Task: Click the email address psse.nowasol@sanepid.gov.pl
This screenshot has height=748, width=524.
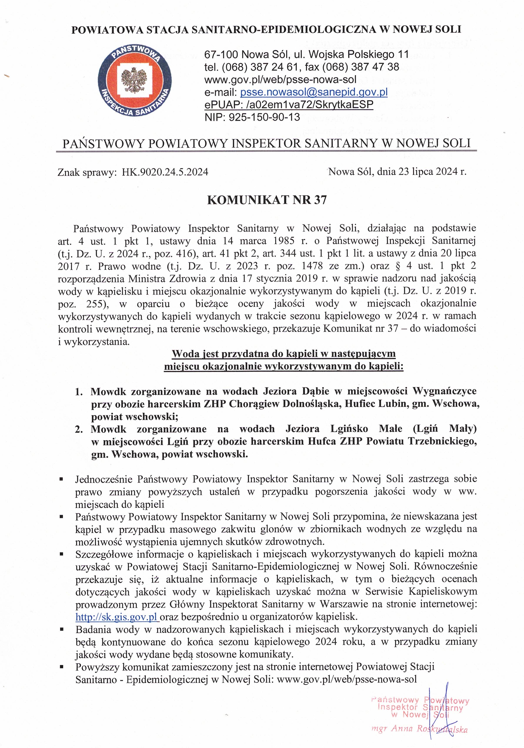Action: (x=314, y=92)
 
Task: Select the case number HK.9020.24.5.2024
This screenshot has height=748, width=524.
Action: (x=165, y=172)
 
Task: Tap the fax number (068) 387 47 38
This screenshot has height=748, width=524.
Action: (x=360, y=67)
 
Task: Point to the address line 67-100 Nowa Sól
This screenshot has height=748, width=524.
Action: (x=306, y=54)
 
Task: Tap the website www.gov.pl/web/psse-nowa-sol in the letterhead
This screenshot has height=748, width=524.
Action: (x=280, y=79)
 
